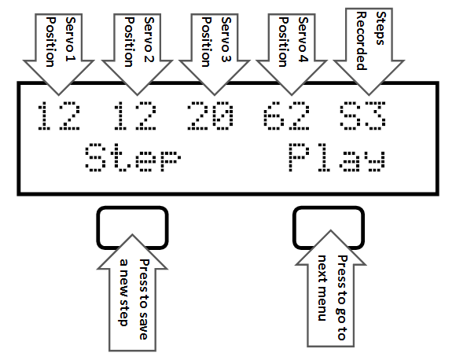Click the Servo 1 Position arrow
(58, 54)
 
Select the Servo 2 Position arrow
(138, 54)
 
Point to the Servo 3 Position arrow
(215, 54)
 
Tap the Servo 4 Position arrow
(292, 54)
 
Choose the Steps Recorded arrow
(369, 52)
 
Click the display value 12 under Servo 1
(59, 116)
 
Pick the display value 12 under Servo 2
(135, 116)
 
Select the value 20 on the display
(210, 116)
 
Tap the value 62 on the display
(286, 116)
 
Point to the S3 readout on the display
(362, 116)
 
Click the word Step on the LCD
(133, 157)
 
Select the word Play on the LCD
(337, 157)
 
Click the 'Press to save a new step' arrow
(132, 292)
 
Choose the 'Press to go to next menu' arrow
(331, 288)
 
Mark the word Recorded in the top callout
(362, 41)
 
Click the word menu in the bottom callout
(322, 307)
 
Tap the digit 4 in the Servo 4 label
(303, 57)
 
